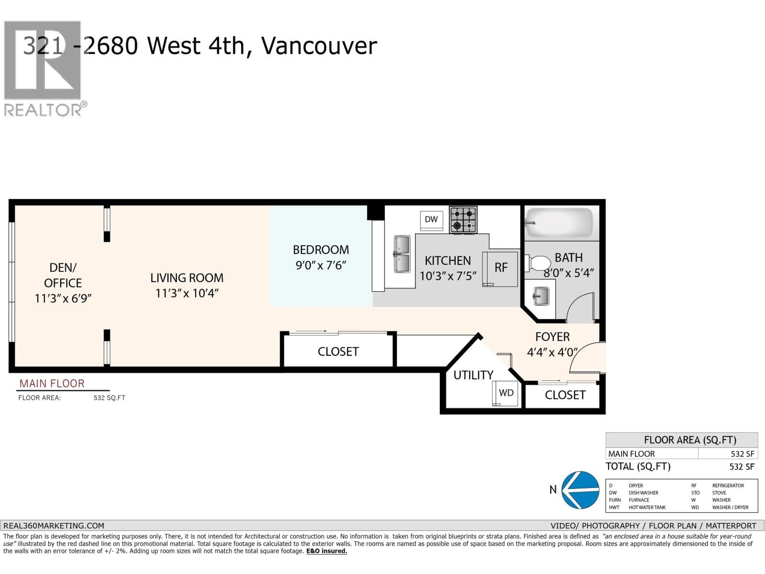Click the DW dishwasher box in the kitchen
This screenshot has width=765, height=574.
(431, 219)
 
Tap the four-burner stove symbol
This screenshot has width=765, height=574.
(463, 220)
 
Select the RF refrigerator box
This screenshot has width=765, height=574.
(501, 268)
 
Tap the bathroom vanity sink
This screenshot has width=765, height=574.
(540, 296)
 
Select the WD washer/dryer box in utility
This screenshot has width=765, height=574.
(506, 393)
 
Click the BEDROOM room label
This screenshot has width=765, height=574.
(321, 250)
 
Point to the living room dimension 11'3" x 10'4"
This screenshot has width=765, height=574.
(186, 293)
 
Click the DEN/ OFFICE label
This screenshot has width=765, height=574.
(63, 275)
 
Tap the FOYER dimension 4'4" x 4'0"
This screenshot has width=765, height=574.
(552, 353)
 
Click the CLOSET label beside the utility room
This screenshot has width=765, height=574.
(565, 395)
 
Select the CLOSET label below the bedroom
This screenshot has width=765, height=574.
(338, 352)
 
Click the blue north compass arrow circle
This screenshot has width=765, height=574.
(580, 490)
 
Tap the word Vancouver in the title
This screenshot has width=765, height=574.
(319, 46)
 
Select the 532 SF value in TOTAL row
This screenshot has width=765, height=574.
(742, 466)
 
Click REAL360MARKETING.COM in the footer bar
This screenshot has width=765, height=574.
(54, 525)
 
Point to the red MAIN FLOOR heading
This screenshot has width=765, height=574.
(52, 384)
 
